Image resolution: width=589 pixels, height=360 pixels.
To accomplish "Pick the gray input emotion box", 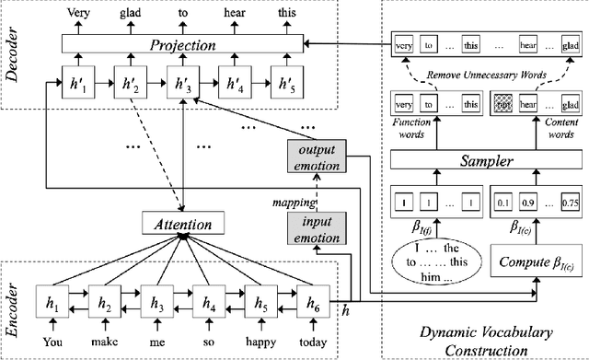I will click(x=316, y=228).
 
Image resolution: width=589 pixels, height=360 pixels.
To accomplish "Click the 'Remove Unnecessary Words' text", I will click(x=483, y=75).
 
